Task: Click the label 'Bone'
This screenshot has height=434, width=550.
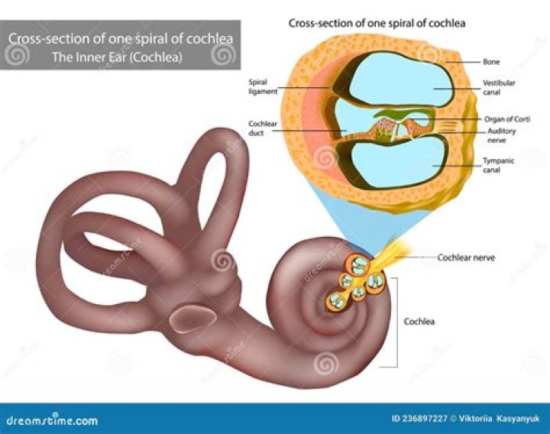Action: click(492, 60)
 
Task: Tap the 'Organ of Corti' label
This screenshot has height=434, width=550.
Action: click(507, 118)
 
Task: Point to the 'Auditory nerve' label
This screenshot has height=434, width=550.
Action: click(502, 135)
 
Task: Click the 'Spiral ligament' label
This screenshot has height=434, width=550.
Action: click(257, 87)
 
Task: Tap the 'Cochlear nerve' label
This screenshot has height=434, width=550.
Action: click(466, 257)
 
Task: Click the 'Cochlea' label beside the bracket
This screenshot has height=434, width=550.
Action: click(419, 321)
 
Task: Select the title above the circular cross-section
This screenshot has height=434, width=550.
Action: click(377, 23)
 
